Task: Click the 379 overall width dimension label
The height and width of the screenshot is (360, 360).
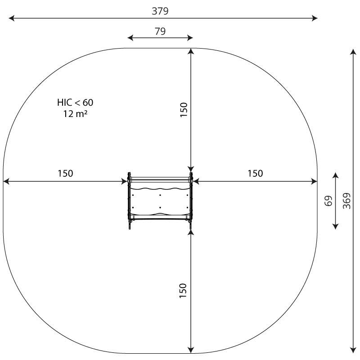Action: pos(160,11)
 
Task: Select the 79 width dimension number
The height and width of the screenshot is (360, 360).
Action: pos(160,31)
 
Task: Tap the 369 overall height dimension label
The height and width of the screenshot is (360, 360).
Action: pos(346,201)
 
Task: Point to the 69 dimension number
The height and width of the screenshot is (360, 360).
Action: pos(328,201)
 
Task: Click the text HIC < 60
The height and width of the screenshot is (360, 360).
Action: pos(75,103)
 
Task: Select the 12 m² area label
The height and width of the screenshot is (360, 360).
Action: pos(75,114)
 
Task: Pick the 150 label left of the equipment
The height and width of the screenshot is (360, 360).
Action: pos(65,173)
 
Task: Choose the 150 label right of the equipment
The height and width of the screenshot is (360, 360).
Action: pos(255,173)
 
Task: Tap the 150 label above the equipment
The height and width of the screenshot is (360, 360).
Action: pos(184,110)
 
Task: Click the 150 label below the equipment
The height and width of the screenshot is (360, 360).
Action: pos(183,291)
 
